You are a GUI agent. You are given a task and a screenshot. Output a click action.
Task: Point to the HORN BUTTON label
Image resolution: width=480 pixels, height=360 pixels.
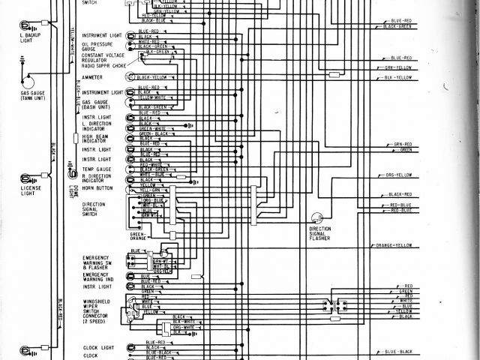click(x=97, y=188)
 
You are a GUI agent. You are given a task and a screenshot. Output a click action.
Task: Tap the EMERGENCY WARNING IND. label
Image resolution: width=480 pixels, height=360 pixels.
click(x=97, y=277)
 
